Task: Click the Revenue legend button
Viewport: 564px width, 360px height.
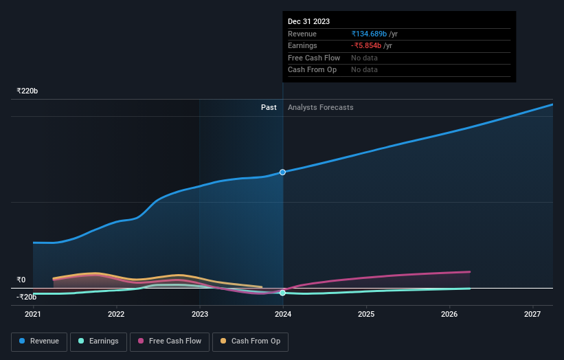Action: click(39, 341)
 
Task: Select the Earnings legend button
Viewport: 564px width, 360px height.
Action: click(98, 341)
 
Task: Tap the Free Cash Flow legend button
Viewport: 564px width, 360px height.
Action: click(169, 341)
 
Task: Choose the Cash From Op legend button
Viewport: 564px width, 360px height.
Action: click(250, 341)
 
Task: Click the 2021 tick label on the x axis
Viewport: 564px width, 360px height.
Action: click(33, 315)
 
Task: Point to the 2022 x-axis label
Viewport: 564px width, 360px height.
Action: click(116, 315)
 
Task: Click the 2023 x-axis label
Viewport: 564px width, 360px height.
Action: click(200, 315)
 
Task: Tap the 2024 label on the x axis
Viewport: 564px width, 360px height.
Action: click(283, 315)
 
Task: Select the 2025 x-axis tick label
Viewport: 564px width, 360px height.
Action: click(366, 315)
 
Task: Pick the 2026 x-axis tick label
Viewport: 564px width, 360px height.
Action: click(449, 315)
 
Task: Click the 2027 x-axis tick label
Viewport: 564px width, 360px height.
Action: click(532, 315)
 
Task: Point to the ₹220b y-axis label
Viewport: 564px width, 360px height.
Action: click(27, 91)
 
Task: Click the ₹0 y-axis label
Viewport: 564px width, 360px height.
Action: click(21, 280)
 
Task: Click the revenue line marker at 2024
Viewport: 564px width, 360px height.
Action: click(282, 172)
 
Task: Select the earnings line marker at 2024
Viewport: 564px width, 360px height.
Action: click(282, 293)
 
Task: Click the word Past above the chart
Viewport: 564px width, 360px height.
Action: click(269, 107)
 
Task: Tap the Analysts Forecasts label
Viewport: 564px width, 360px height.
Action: click(321, 107)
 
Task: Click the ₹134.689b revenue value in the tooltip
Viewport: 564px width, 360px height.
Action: click(370, 34)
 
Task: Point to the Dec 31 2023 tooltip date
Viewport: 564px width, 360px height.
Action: click(308, 22)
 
